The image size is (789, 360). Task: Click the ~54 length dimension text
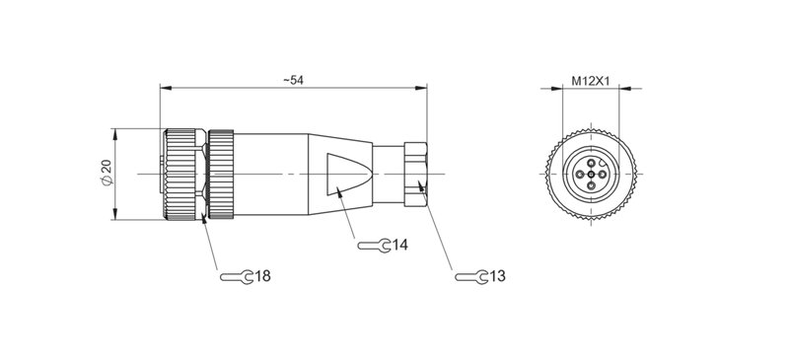tap(291, 80)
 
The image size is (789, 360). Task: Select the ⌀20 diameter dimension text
tap(106, 174)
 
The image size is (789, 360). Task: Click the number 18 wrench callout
tap(262, 276)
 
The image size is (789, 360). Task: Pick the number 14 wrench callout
tap(399, 245)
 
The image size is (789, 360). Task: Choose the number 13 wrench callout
tap(498, 276)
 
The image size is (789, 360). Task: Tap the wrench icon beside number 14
tap(371, 245)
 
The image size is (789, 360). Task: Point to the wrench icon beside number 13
tap(469, 276)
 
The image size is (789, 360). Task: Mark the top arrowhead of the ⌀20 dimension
tap(117, 132)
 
